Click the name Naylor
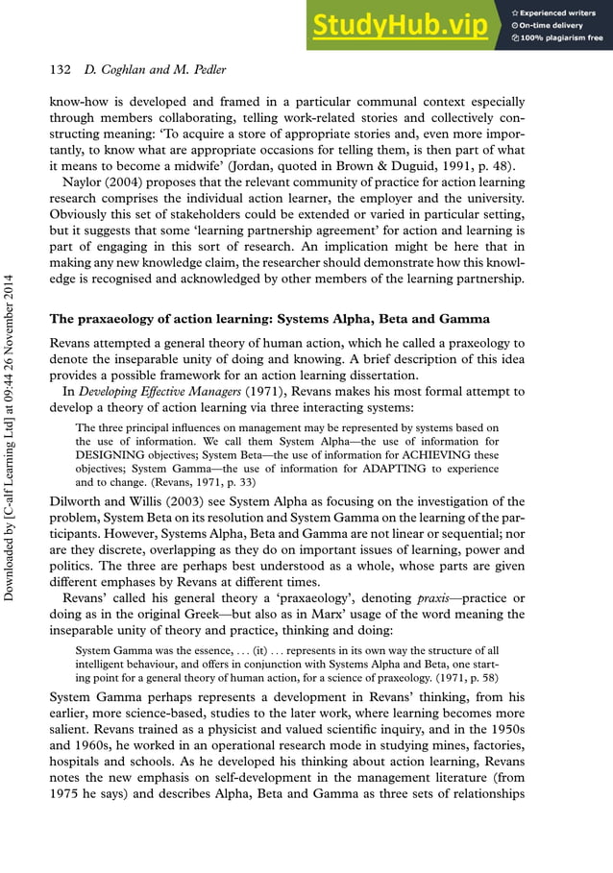[x=86, y=183]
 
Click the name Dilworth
[x=79, y=501]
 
